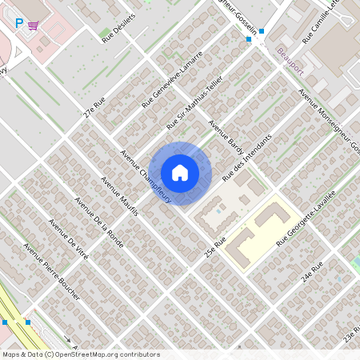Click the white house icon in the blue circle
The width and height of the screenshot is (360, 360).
click(180, 172)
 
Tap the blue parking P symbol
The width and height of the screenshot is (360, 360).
click(20, 24)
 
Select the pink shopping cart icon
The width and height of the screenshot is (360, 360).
click(33, 25)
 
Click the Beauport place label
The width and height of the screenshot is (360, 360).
click(290, 53)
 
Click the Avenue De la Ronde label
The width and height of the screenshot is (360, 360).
click(99, 223)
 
